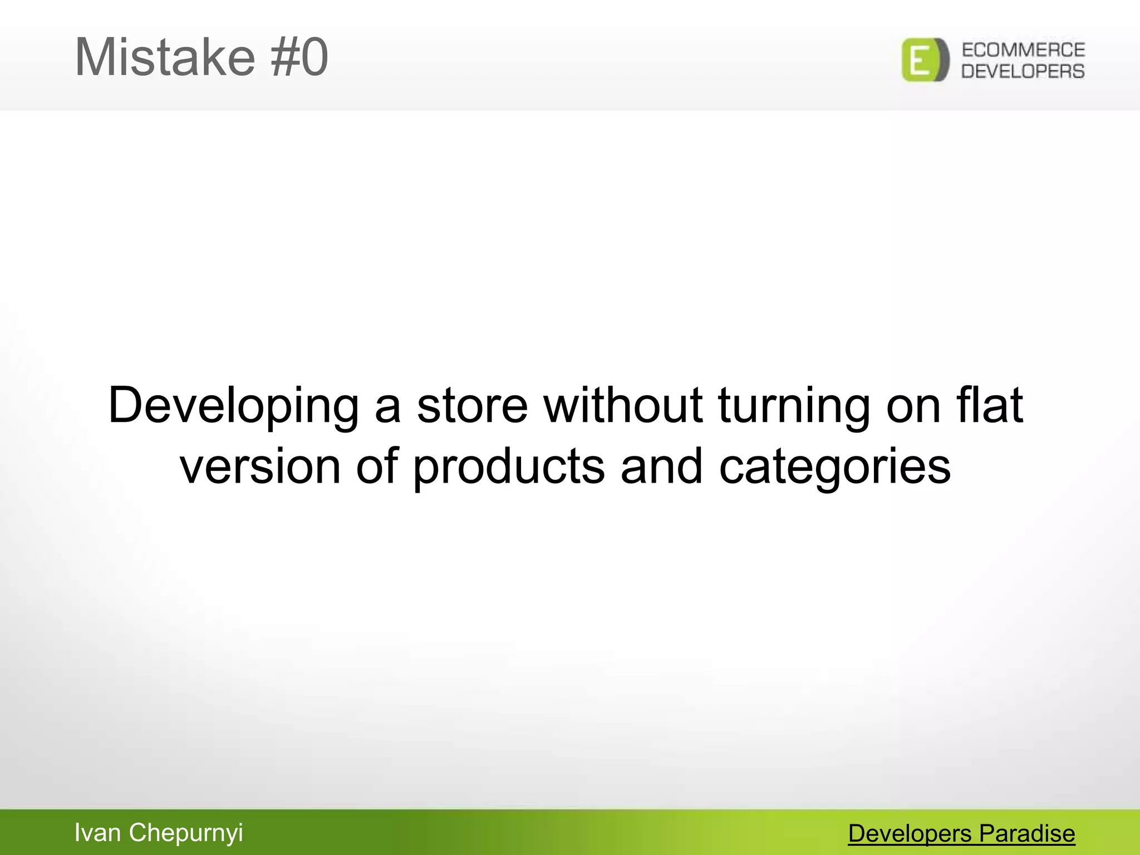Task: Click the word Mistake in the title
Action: [165, 57]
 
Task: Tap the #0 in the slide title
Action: [299, 57]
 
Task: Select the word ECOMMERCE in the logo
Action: [1023, 50]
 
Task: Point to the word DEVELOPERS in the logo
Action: [1023, 71]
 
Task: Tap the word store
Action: [472, 406]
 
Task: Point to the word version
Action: [260, 466]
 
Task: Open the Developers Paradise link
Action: [961, 834]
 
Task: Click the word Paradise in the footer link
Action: [1027, 834]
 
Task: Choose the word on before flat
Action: [913, 406]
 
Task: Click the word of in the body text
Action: [377, 466]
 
